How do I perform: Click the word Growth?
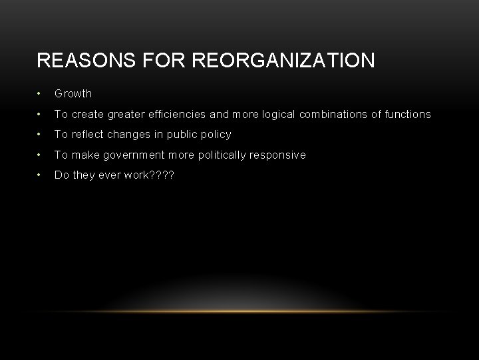pos(73,94)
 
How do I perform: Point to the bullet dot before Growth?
pos(40,94)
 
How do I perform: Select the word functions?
pos(406,115)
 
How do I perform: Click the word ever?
pos(107,175)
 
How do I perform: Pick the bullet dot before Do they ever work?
pos(40,175)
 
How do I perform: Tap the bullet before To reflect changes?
pos(40,135)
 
